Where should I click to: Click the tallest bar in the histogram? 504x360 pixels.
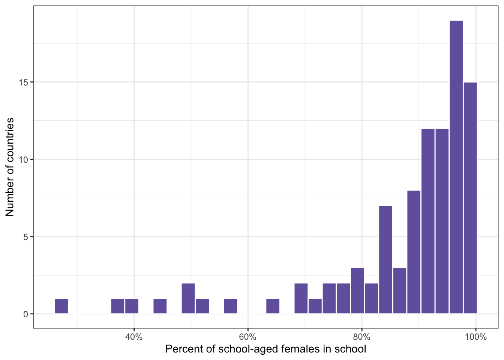tap(456, 167)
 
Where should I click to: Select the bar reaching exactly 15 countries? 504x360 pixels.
tap(470, 198)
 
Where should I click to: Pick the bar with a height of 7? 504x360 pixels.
tap(385, 259)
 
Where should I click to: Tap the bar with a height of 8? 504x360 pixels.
tap(414, 252)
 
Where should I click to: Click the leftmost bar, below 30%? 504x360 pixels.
tap(61, 306)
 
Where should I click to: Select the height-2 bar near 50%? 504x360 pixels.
tap(188, 298)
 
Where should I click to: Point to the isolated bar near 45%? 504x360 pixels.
tap(160, 306)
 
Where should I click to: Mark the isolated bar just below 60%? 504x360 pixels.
tap(231, 306)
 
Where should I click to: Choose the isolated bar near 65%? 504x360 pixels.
tap(273, 306)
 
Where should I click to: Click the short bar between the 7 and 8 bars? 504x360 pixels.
tap(400, 291)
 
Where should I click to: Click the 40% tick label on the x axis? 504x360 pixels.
tap(134, 337)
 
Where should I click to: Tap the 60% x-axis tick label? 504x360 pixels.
tap(248, 337)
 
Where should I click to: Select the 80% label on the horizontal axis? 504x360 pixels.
tap(362, 337)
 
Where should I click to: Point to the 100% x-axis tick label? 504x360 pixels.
tap(475, 337)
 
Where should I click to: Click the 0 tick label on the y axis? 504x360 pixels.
tap(25, 314)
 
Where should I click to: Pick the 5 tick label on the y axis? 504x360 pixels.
tap(25, 237)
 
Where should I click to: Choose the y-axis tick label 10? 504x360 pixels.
tap(23, 160)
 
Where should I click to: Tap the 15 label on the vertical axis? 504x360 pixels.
tap(23, 82)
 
